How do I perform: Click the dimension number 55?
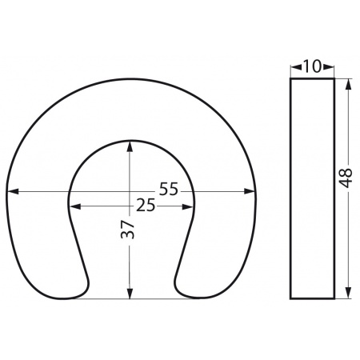(x=168, y=189)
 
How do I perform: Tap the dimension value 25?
(x=146, y=205)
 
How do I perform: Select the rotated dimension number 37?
(x=128, y=230)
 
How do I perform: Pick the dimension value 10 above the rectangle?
(x=312, y=66)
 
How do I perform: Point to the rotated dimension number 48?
(x=346, y=178)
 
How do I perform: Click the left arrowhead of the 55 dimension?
(x=12, y=191)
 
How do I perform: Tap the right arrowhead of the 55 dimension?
(x=250, y=191)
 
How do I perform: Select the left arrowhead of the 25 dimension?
(x=75, y=206)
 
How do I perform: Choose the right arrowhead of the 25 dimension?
(x=187, y=206)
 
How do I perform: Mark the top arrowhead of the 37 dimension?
(x=130, y=147)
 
